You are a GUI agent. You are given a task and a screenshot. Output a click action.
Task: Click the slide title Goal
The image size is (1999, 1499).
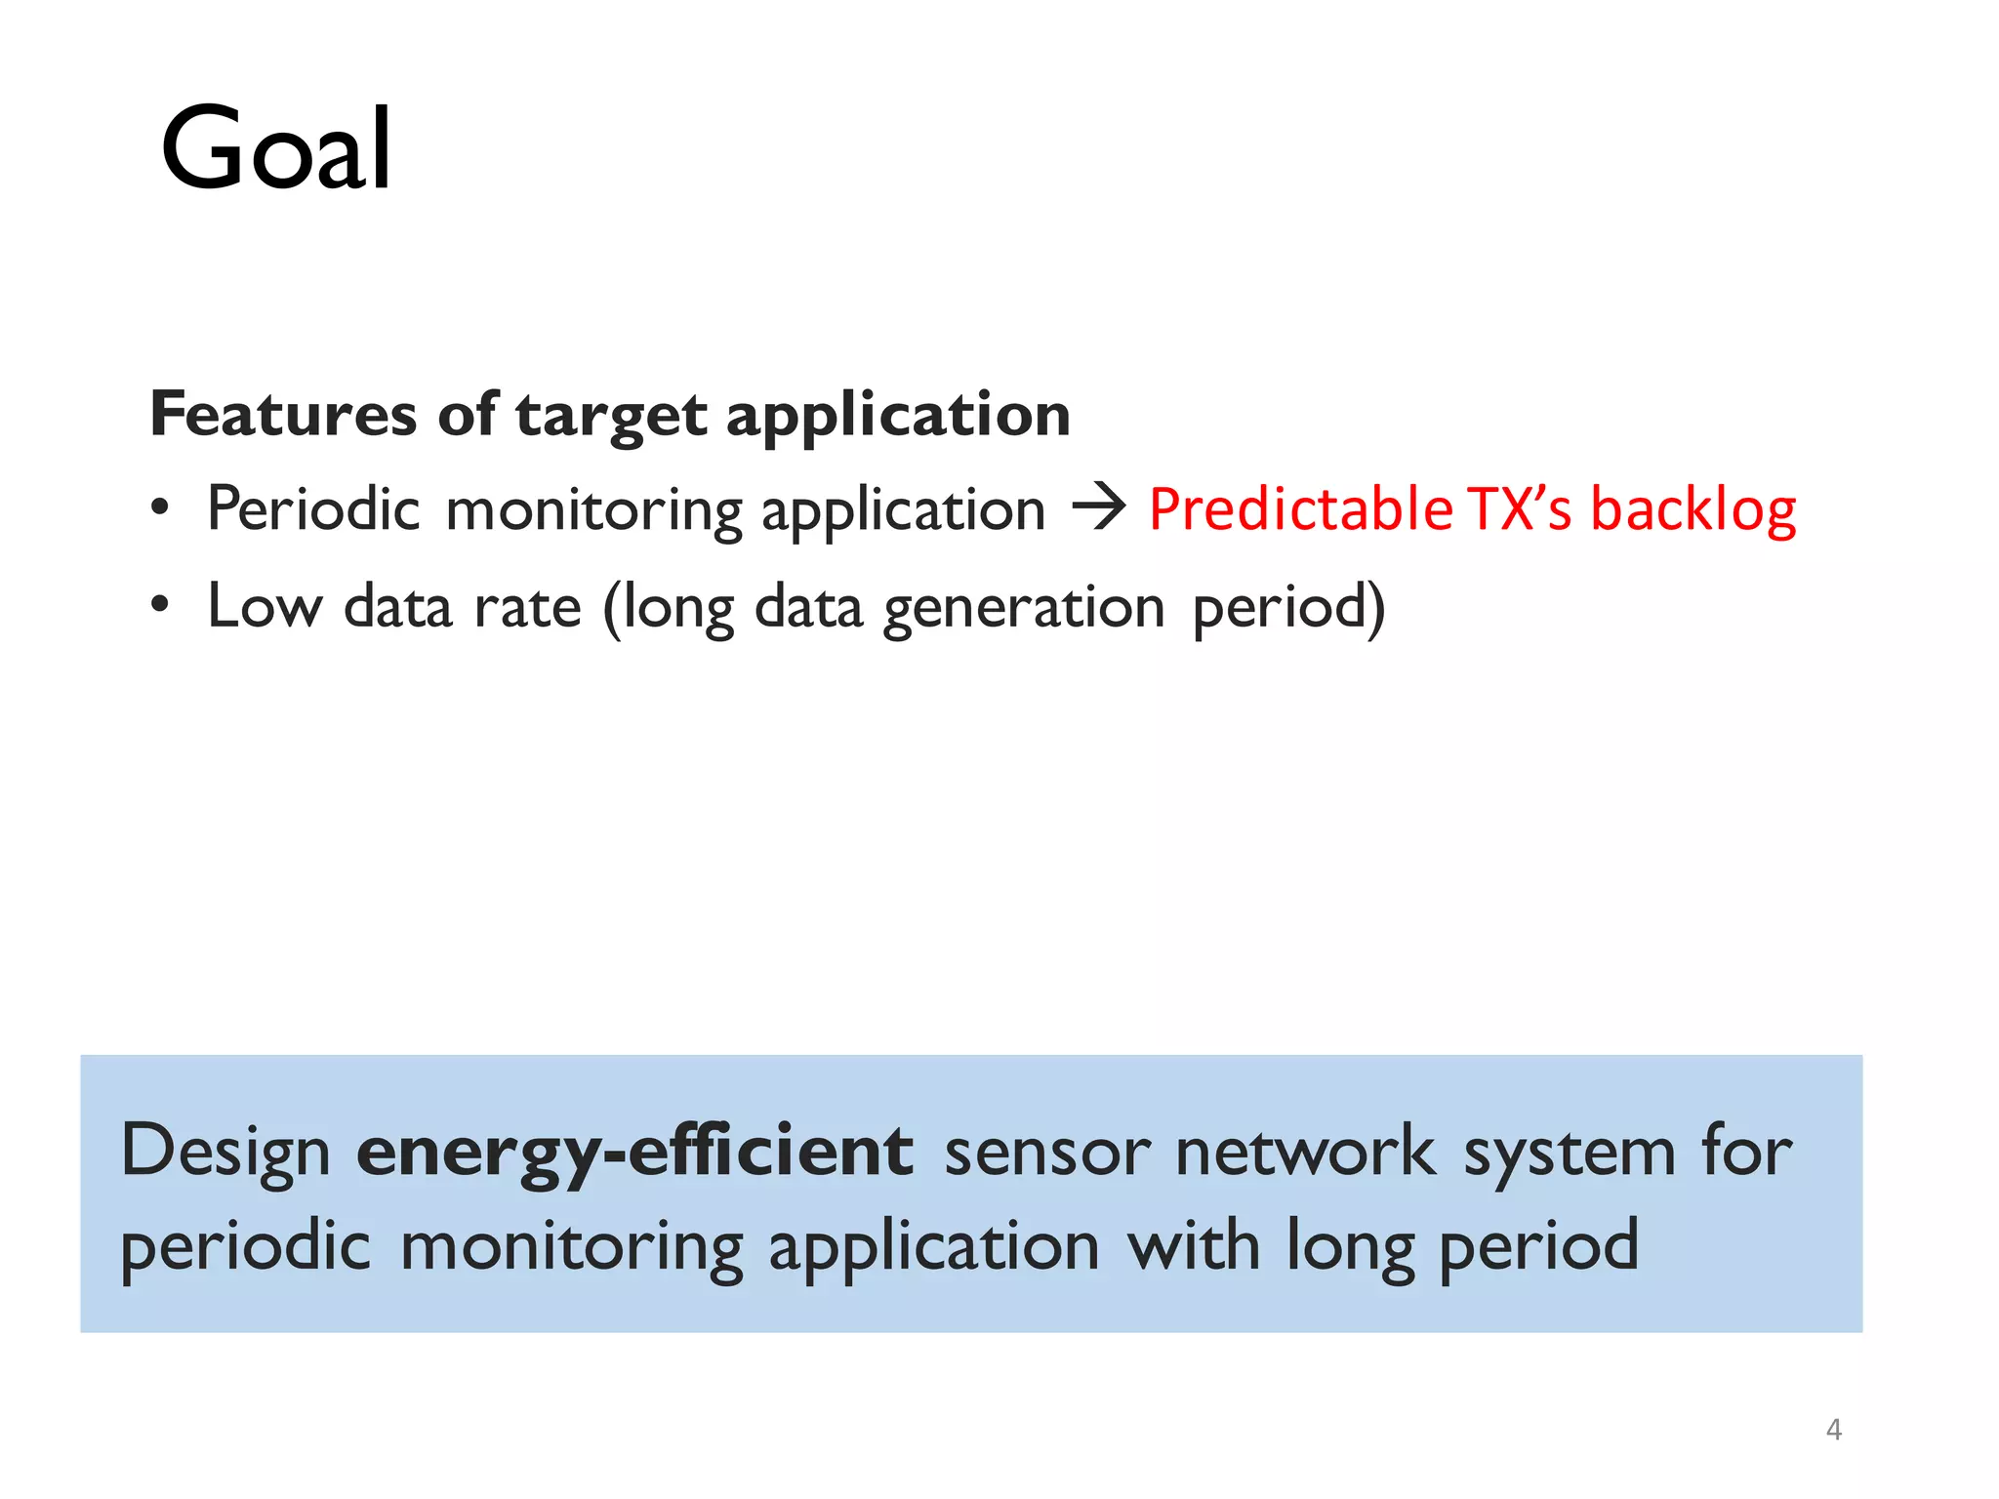(276, 149)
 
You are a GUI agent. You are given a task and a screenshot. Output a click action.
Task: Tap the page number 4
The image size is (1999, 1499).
(1833, 1430)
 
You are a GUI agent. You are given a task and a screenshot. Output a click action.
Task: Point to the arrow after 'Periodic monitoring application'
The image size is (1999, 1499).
(1098, 508)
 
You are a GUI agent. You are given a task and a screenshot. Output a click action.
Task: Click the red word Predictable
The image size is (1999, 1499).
(1300, 508)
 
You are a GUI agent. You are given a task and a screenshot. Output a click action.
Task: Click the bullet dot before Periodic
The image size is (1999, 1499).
(160, 508)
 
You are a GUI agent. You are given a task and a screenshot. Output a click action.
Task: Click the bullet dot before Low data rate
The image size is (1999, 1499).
(160, 605)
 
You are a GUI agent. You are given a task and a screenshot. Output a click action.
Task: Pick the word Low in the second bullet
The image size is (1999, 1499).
(265, 606)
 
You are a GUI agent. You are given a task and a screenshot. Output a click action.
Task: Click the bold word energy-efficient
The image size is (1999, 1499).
(634, 1152)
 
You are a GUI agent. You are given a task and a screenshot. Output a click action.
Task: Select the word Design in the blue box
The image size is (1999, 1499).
(225, 1153)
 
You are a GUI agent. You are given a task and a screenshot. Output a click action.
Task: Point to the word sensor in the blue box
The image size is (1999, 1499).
(1048, 1153)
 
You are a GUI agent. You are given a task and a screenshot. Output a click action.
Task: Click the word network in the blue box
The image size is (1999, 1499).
(1305, 1152)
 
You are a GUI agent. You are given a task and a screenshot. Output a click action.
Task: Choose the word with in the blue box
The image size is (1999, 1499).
(1193, 1246)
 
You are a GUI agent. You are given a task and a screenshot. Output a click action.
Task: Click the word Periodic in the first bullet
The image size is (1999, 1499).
(313, 508)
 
